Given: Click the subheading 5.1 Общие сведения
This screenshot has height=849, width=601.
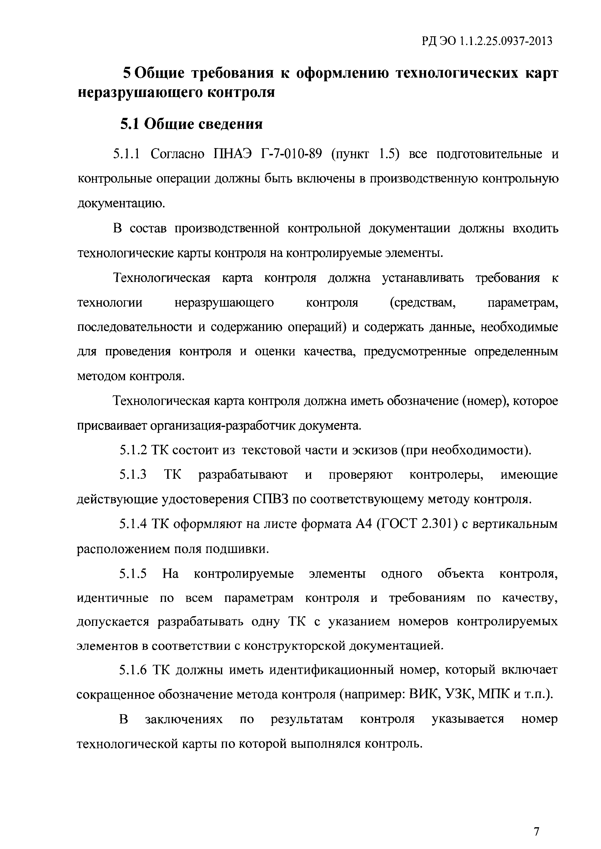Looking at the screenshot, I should [191, 124].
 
